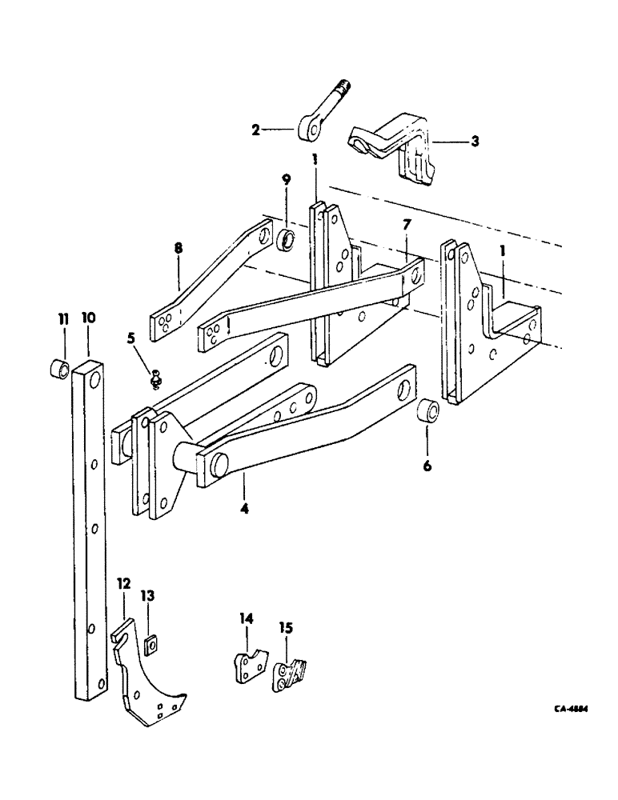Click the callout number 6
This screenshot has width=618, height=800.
point(427,464)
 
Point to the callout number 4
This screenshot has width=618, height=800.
point(244,506)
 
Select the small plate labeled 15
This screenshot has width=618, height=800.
point(286,675)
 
